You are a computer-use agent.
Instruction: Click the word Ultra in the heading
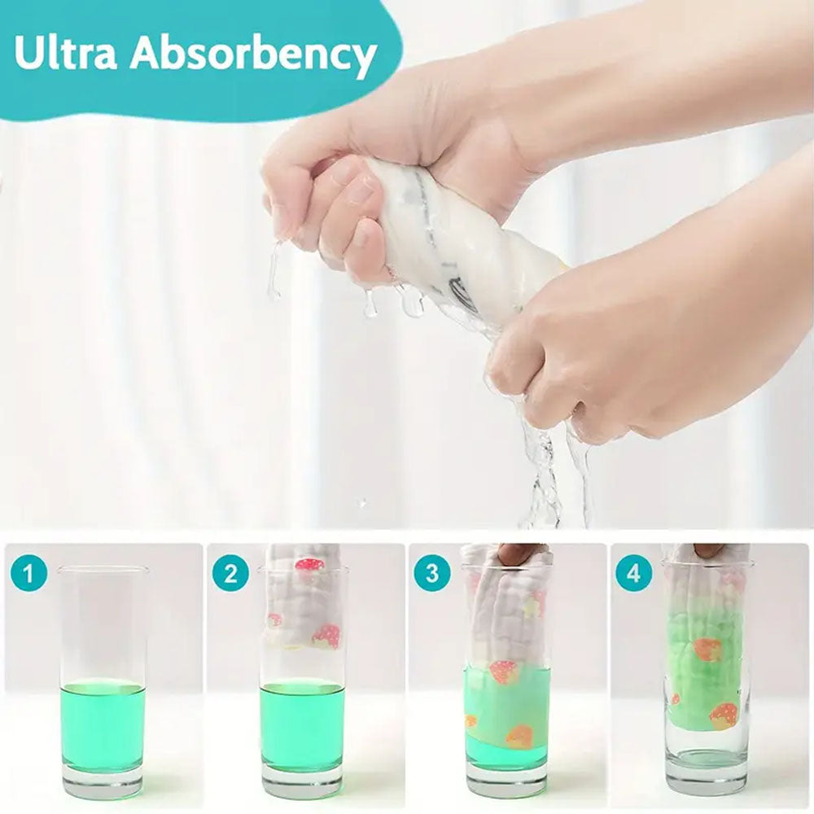pos(65,52)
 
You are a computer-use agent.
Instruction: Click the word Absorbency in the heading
pos(252,54)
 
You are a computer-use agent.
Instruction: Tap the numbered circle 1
pos(28,574)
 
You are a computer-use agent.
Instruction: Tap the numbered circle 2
pos(230,574)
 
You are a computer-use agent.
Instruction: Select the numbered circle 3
pos(432,574)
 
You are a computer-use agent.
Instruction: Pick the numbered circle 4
pos(634,574)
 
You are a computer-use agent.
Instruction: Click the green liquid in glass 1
pos(103,724)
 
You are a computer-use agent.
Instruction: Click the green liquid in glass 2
pos(302,724)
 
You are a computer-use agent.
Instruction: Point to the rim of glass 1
pos(103,570)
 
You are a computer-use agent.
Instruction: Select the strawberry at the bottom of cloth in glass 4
pos(720,716)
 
